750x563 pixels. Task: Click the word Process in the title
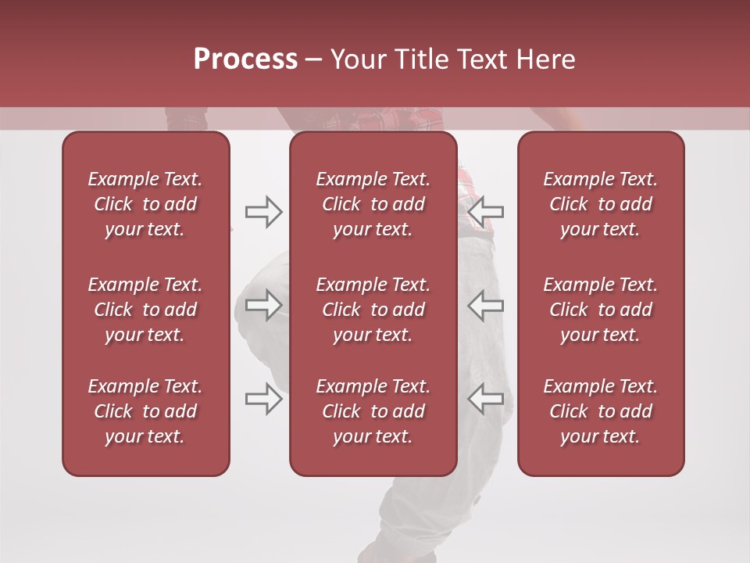(245, 59)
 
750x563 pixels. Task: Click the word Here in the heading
(546, 59)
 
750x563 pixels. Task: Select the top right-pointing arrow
(263, 211)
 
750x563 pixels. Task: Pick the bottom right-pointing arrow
(263, 399)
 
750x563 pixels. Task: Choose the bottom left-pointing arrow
(485, 399)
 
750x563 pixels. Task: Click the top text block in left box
(145, 204)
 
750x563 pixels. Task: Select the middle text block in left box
(145, 310)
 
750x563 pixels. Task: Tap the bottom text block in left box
(145, 411)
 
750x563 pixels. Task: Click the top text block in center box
(373, 204)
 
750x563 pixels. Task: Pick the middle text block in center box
(373, 310)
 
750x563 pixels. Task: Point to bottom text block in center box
(373, 411)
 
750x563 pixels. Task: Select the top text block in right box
(600, 204)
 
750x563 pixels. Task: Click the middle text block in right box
(600, 310)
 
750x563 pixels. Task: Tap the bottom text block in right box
(600, 411)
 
